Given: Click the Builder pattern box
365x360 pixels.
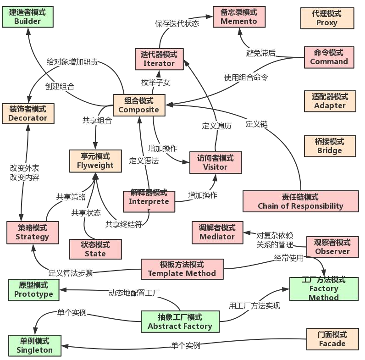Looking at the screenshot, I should [28, 17].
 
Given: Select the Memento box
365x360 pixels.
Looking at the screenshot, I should [238, 17].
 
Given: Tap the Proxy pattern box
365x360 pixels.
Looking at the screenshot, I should [327, 18].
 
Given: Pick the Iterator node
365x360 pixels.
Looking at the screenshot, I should [159, 59].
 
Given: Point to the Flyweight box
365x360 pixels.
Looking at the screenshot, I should [95, 161].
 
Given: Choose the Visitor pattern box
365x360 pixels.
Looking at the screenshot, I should [216, 162].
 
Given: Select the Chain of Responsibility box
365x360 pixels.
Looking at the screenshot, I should [300, 201].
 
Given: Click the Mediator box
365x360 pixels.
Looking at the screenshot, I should [217, 232].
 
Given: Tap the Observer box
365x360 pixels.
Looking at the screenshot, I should [332, 247].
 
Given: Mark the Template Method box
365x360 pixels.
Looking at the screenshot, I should [182, 269].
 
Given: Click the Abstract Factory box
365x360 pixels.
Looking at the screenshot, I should [180, 322].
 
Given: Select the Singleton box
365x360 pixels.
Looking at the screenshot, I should [35, 345].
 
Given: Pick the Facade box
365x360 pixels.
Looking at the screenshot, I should [332, 339].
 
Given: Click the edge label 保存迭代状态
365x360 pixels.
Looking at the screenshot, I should [177, 23].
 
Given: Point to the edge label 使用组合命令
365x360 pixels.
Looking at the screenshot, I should [246, 77].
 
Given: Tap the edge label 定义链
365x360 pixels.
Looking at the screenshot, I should [256, 123].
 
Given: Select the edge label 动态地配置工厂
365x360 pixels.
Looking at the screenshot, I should [134, 292].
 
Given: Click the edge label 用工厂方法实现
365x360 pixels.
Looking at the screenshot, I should [254, 305].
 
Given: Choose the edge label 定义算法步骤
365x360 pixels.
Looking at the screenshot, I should [71, 273].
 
